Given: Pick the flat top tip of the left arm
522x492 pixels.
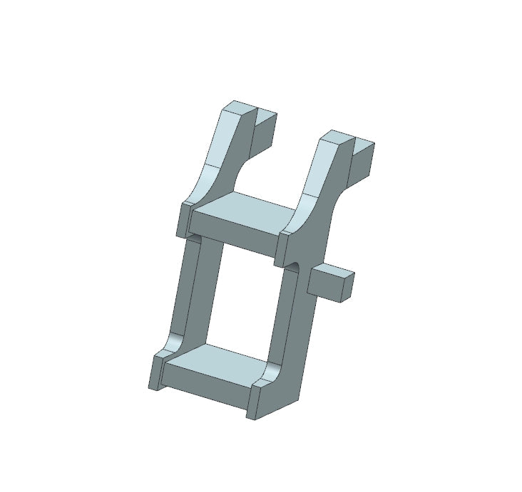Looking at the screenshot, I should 238,108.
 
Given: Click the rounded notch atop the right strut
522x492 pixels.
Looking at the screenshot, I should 294,265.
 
